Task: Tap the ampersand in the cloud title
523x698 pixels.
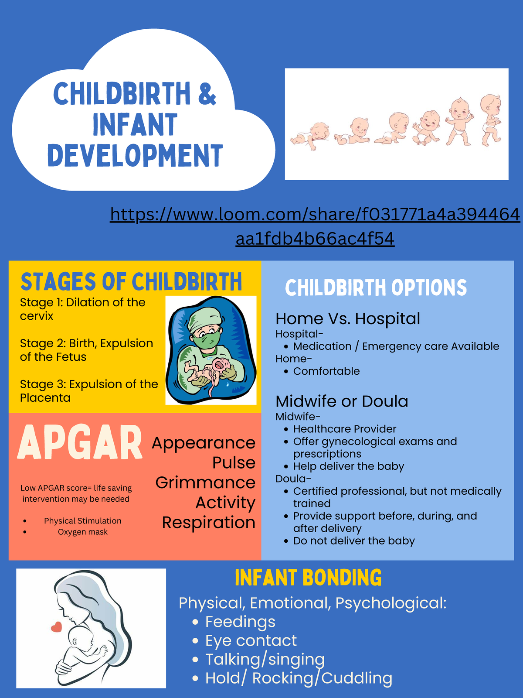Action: tap(207, 93)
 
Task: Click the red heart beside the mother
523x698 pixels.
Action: tap(56, 627)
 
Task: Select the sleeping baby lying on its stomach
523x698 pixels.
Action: tap(310, 135)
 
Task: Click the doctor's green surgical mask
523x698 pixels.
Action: tap(205, 341)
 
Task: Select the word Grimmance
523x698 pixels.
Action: tap(205, 482)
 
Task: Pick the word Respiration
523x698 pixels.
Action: tap(208, 523)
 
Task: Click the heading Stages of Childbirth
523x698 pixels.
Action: tap(131, 281)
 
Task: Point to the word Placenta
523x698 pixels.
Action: tap(45, 398)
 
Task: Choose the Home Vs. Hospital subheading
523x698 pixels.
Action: tap(348, 319)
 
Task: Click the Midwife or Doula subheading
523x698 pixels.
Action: tap(342, 401)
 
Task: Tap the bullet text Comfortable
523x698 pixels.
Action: tap(326, 371)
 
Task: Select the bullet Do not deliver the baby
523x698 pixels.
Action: tap(354, 541)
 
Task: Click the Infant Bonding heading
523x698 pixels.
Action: tap(308, 578)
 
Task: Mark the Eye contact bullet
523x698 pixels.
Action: tap(251, 640)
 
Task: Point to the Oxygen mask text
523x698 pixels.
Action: tap(83, 532)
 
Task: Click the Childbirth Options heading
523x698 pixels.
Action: tap(376, 288)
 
